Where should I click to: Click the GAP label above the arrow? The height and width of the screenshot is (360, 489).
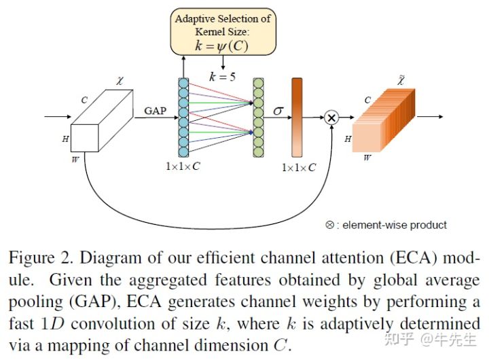pyautogui.click(x=155, y=109)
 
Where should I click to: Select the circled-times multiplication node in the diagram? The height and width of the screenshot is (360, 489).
pyautogui.click(x=331, y=118)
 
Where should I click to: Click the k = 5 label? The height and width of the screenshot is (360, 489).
pyautogui.click(x=222, y=77)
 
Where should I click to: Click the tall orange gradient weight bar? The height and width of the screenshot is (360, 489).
pyautogui.click(x=297, y=117)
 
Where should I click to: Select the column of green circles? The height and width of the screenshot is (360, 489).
pyautogui.click(x=258, y=118)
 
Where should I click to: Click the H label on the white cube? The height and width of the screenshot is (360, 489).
pyautogui.click(x=66, y=139)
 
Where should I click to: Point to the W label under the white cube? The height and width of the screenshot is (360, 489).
pyautogui.click(x=75, y=160)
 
